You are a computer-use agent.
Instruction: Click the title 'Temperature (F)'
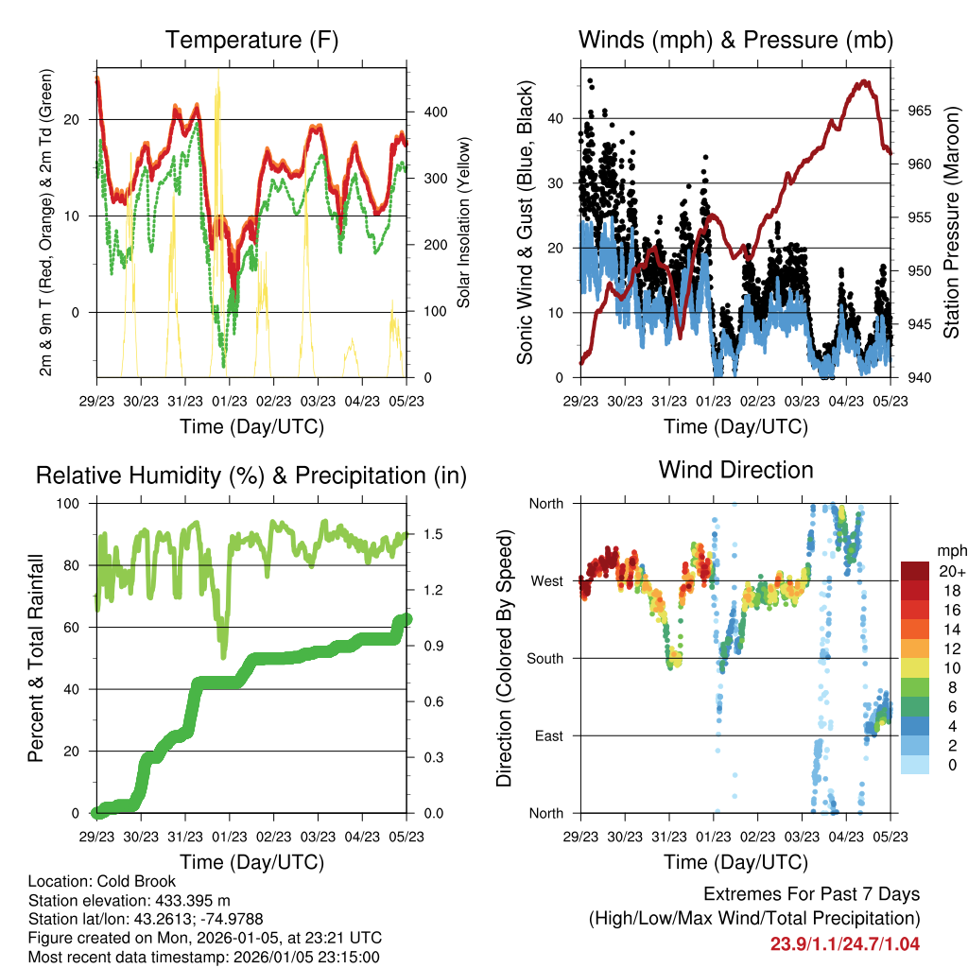251,41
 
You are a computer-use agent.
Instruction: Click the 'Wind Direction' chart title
735,470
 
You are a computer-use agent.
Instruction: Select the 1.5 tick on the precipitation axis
432,534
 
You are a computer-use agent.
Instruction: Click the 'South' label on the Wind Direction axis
544,658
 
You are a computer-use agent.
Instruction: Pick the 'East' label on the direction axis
548,735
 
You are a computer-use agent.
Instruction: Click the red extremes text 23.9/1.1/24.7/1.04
844,943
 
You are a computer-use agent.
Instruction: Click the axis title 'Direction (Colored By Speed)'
506,658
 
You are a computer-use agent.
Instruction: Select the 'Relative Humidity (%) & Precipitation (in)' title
251,475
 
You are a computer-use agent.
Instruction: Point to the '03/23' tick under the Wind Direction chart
803,837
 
